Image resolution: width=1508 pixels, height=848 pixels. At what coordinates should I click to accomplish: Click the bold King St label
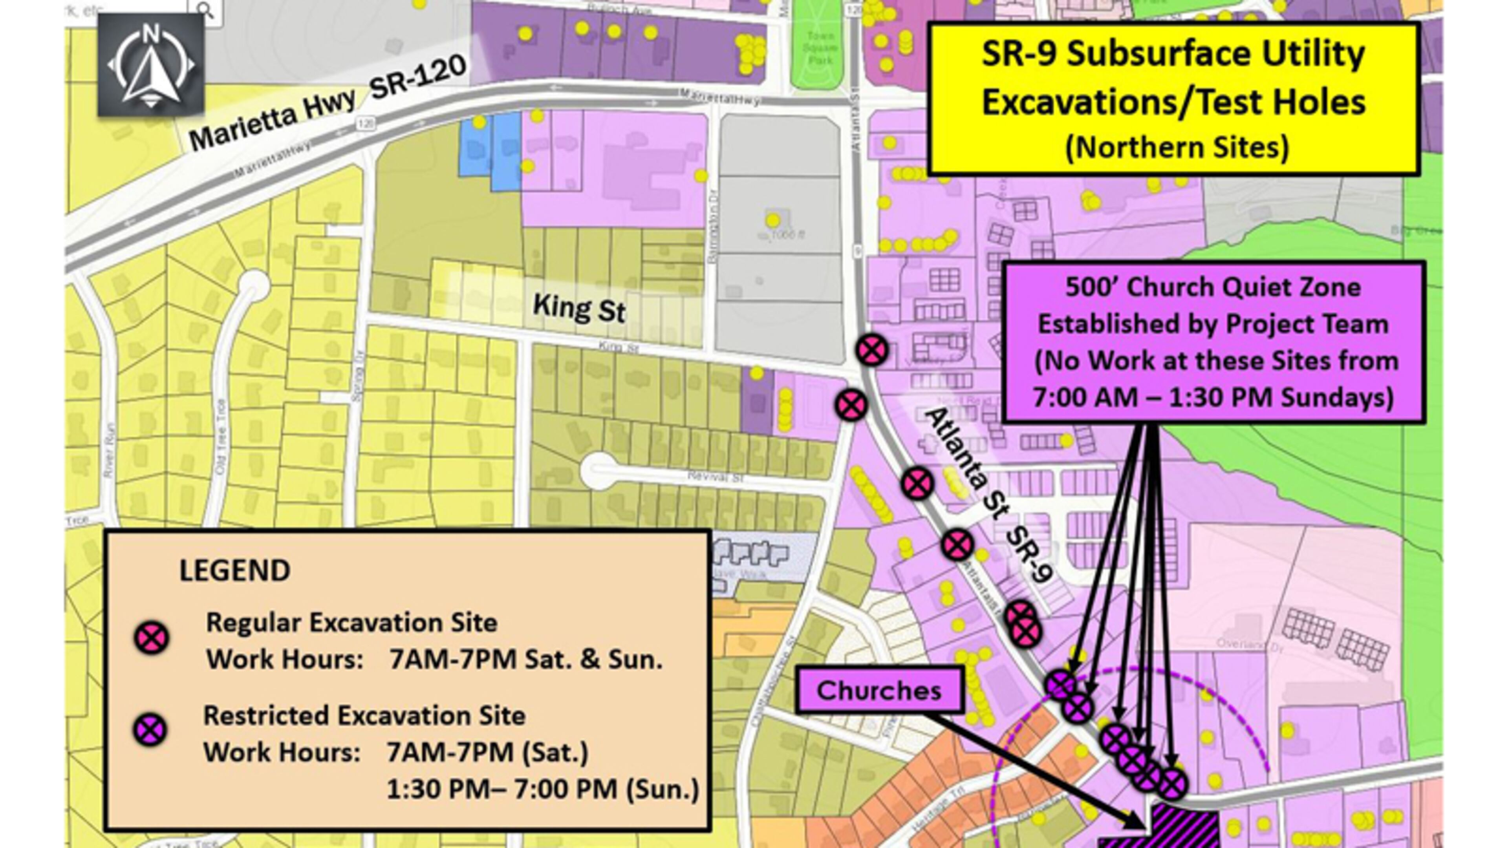pyautogui.click(x=579, y=309)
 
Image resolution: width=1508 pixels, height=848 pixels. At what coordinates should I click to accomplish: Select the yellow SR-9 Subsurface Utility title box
pyautogui.click(x=1173, y=98)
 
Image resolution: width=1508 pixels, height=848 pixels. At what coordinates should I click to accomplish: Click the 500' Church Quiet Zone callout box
pyautogui.click(x=1213, y=342)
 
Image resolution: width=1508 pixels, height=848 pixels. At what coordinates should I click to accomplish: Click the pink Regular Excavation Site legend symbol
pyautogui.click(x=152, y=638)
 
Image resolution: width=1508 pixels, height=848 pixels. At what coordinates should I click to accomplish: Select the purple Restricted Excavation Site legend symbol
pyautogui.click(x=150, y=730)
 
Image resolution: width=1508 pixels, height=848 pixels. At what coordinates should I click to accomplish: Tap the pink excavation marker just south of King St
pyautogui.click(x=851, y=405)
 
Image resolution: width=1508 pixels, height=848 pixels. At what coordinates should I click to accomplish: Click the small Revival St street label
pyautogui.click(x=715, y=477)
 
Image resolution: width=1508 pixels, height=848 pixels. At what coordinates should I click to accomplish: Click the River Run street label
pyautogui.click(x=109, y=451)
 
